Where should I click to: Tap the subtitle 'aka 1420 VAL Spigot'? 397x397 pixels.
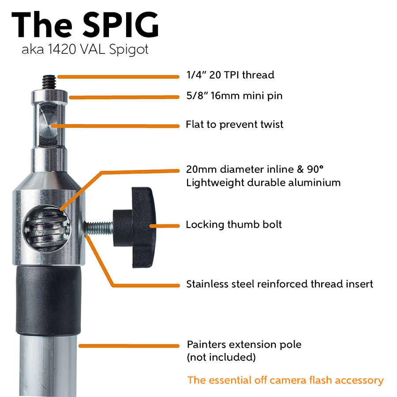pos(85,50)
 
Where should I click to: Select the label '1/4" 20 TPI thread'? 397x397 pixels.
pos(230,75)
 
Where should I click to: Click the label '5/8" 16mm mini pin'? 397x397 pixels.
pos(234,96)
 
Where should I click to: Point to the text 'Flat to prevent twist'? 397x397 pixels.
pos(234,125)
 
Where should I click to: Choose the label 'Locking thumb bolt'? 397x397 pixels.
pos(234,225)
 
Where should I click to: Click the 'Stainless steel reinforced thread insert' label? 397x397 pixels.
pos(280,284)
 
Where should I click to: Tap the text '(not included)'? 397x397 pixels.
pos(221,357)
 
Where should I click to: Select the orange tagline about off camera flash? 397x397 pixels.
pos(285,380)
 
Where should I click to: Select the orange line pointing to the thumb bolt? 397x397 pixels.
pos(165,226)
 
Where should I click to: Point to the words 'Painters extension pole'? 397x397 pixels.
pos(244,345)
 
